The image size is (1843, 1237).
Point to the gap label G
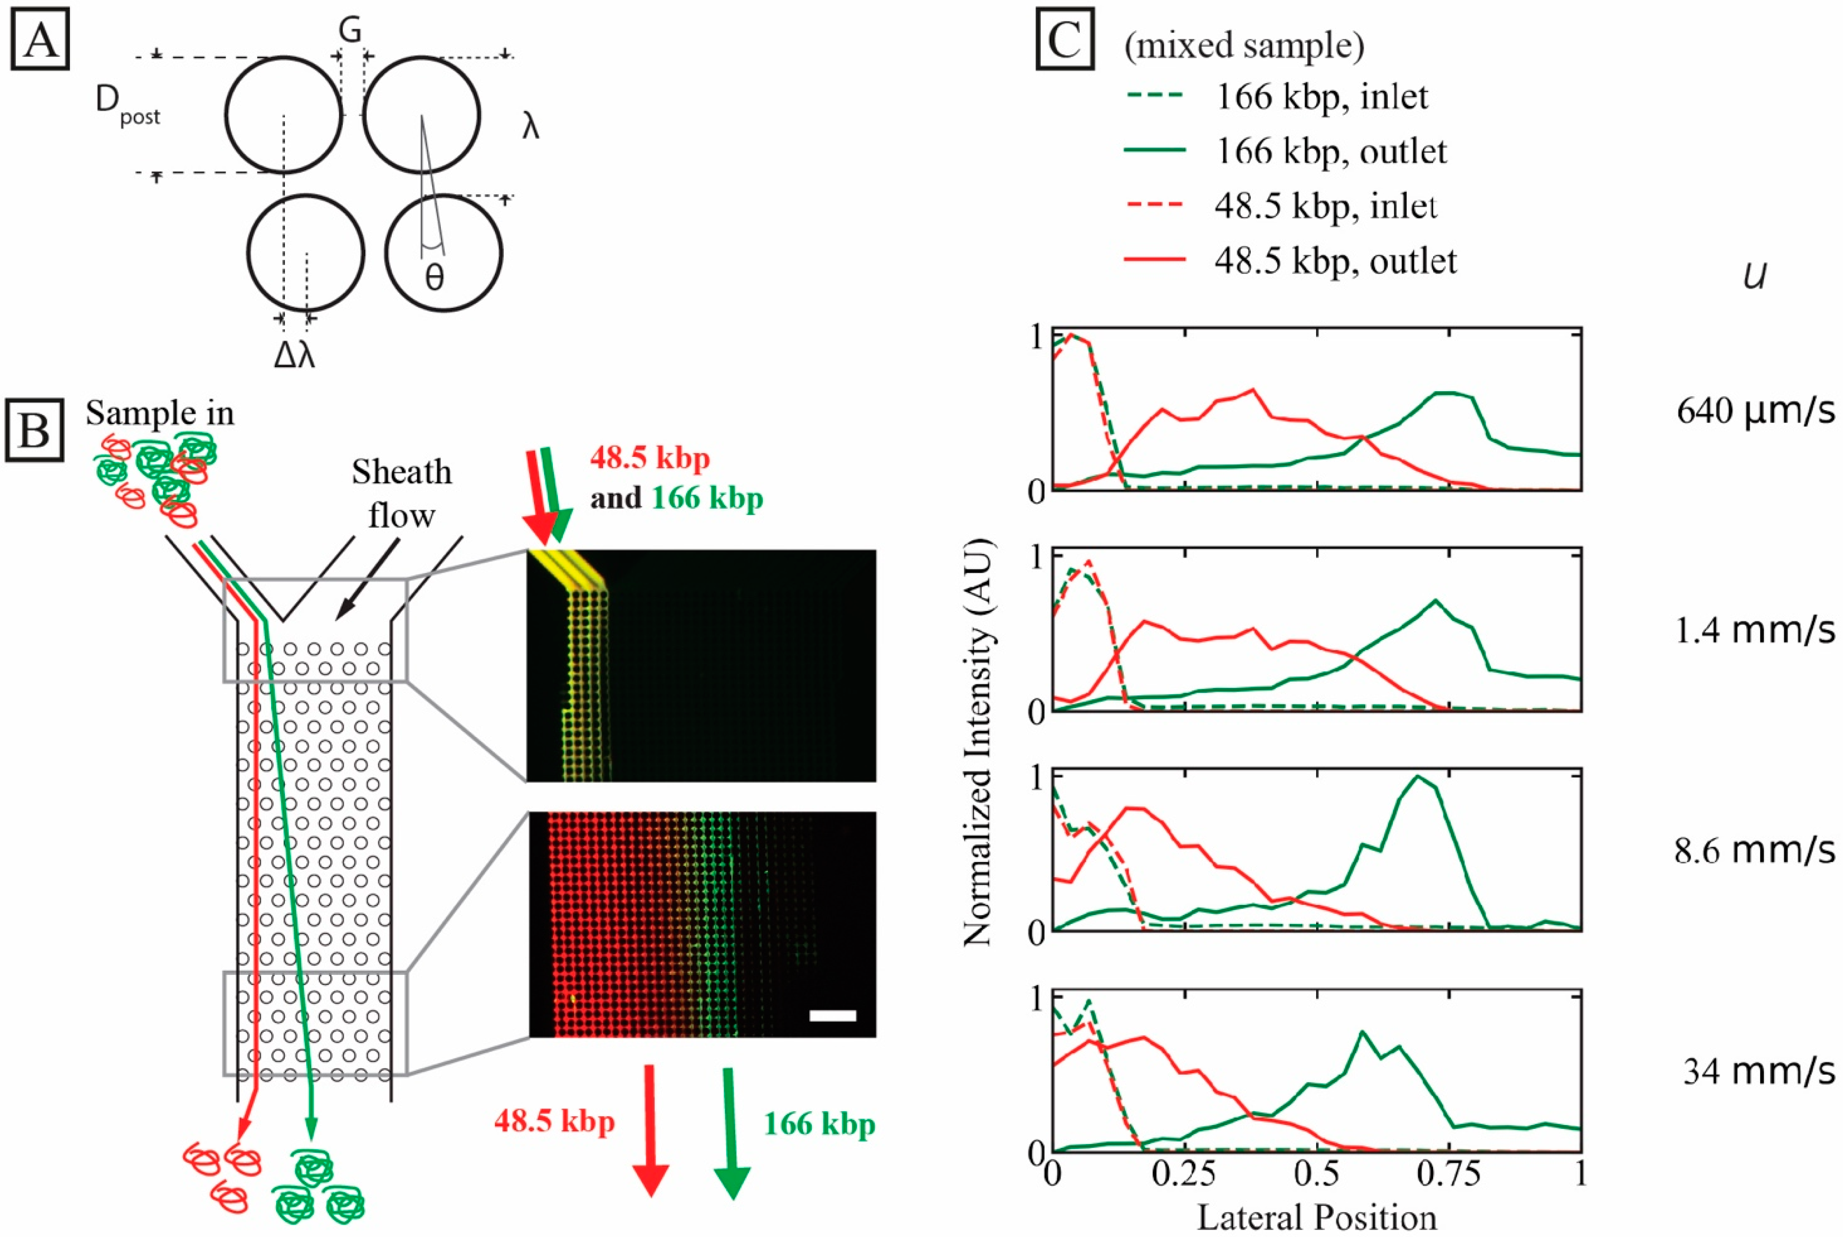click(x=350, y=30)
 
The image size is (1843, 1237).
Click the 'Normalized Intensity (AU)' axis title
click(x=978, y=742)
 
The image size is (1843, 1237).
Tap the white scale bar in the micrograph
click(x=832, y=1015)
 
